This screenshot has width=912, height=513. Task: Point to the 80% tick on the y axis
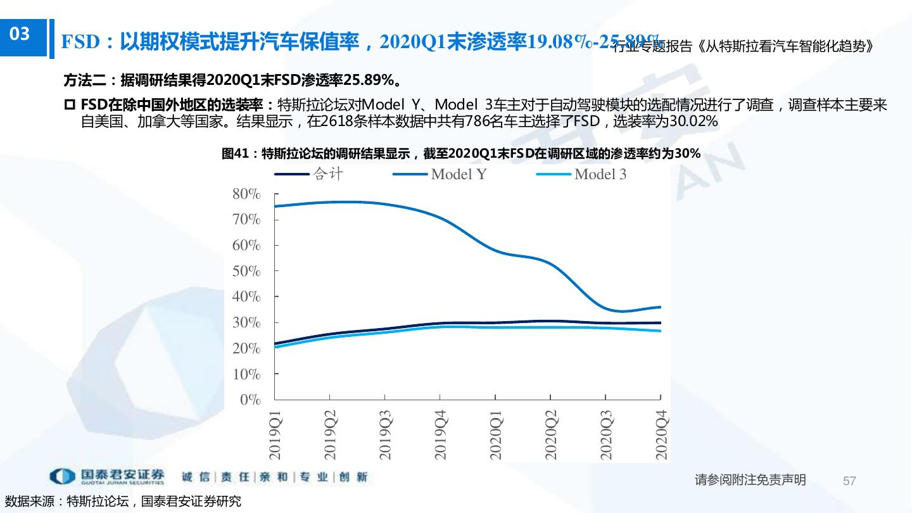tap(247, 194)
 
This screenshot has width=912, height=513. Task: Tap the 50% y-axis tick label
tap(247, 271)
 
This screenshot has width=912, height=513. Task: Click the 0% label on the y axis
tap(250, 400)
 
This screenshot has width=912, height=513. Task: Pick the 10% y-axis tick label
tap(247, 374)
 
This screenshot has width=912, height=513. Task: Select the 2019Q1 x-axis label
tap(275, 434)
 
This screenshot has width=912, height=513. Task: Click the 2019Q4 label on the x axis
tap(441, 434)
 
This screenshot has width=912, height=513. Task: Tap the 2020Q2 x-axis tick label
tap(551, 434)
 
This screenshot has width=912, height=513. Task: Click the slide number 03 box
tap(21, 34)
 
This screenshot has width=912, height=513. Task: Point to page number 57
tap(849, 481)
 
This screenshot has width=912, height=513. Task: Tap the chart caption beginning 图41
tap(461, 153)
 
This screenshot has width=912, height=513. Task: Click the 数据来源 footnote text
tap(123, 502)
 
